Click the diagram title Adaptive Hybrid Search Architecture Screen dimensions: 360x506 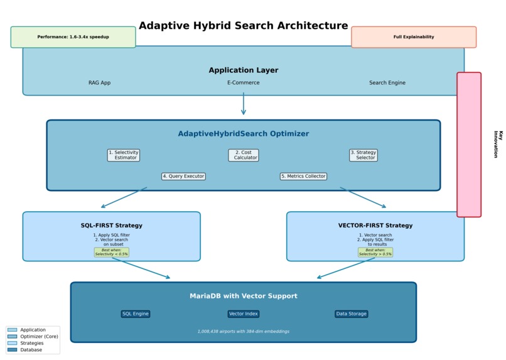[x=243, y=26]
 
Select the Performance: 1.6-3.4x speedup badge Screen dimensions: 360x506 [x=73, y=37]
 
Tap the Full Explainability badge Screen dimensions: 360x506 [x=414, y=37]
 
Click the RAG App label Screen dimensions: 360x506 [x=99, y=83]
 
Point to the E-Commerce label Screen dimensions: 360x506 [x=243, y=83]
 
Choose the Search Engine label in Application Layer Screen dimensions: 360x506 [x=387, y=83]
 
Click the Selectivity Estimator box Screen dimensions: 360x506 [x=124, y=155]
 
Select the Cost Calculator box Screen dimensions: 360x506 [x=244, y=155]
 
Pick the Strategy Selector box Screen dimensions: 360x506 [x=363, y=155]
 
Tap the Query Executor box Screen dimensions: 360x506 [x=183, y=177]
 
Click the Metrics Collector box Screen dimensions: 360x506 [x=303, y=177]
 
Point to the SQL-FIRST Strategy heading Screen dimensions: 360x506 [x=111, y=226]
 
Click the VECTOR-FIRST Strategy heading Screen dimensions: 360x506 [x=375, y=226]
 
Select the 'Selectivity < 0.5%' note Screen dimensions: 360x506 [x=112, y=253]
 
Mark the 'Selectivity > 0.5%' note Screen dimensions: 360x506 [x=375, y=253]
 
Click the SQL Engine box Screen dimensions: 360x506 [x=136, y=314]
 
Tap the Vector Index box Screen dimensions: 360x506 [x=244, y=314]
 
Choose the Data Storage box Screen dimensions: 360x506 [x=351, y=314]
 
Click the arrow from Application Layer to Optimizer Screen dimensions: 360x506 [x=244, y=104]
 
